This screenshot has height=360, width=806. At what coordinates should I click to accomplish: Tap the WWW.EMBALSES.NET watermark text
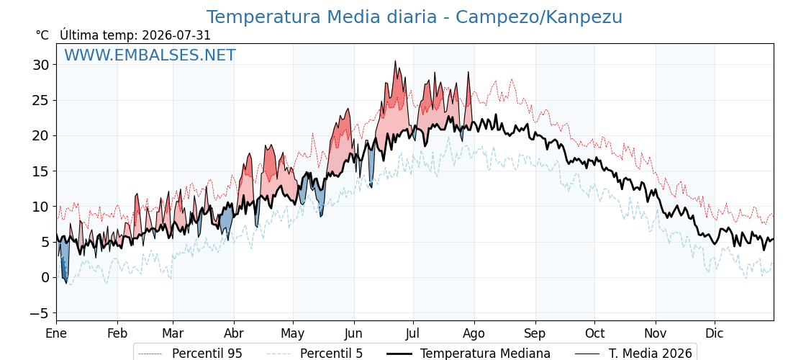pyautogui.click(x=150, y=55)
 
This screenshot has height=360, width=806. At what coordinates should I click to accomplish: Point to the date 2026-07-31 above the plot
pyautogui.click(x=176, y=35)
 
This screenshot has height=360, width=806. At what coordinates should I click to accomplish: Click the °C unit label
pyautogui.click(x=42, y=35)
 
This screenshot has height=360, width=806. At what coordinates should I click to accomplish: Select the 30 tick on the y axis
pyautogui.click(x=42, y=65)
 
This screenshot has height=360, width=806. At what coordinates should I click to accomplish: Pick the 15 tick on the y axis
pyautogui.click(x=42, y=171)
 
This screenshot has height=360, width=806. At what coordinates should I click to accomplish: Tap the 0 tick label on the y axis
pyautogui.click(x=46, y=278)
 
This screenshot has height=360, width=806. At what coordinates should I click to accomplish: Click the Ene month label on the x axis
pyautogui.click(x=56, y=333)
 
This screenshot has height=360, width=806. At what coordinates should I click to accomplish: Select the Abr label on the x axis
pyautogui.click(x=234, y=333)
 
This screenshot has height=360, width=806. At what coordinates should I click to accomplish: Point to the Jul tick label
pyautogui.click(x=413, y=333)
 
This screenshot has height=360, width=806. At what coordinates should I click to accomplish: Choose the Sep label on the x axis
pyautogui.click(x=535, y=333)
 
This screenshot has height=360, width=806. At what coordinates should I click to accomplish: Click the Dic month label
pyautogui.click(x=715, y=333)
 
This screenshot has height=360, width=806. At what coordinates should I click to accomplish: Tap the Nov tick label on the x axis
pyautogui.click(x=656, y=333)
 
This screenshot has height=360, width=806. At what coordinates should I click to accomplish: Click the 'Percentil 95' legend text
pyautogui.click(x=207, y=354)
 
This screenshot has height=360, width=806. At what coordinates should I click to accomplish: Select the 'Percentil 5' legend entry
pyautogui.click(x=331, y=354)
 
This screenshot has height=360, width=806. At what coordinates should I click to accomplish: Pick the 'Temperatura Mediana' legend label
pyautogui.click(x=485, y=354)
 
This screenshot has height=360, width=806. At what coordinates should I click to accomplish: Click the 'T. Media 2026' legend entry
pyautogui.click(x=651, y=354)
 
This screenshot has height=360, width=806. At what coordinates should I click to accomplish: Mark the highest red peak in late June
pyautogui.click(x=395, y=62)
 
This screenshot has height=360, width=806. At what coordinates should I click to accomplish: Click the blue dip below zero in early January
pyautogui.click(x=65, y=281)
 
